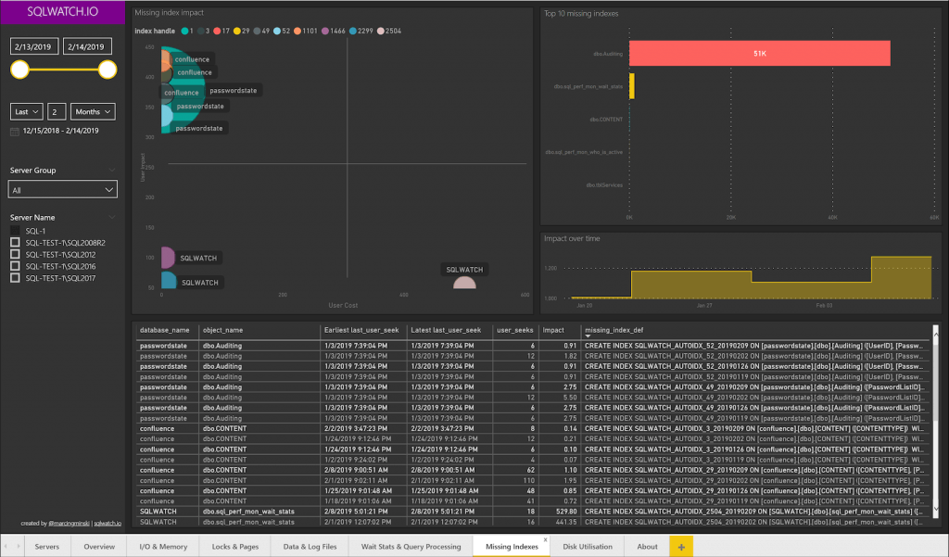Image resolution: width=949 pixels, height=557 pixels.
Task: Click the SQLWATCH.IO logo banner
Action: (x=62, y=13)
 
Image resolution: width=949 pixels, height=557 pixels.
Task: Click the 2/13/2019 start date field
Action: (x=33, y=46)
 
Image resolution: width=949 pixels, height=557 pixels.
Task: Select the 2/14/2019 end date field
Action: (x=88, y=46)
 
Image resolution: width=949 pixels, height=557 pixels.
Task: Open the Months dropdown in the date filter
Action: (x=93, y=111)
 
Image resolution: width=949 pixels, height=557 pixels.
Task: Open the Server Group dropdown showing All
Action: (x=63, y=189)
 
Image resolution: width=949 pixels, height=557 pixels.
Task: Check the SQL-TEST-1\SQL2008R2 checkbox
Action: (x=15, y=243)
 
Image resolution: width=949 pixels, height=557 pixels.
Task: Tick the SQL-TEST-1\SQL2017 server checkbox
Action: (x=15, y=277)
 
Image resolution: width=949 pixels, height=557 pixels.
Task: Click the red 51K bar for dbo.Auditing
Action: (x=759, y=54)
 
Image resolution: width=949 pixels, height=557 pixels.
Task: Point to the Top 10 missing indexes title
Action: (x=581, y=14)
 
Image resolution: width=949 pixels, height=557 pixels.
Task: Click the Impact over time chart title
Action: (x=572, y=238)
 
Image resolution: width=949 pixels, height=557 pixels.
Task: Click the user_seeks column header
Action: (x=514, y=330)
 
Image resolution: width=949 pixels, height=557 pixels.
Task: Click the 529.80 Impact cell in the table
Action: (x=563, y=511)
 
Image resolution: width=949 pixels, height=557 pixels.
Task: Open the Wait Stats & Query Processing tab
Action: (x=411, y=547)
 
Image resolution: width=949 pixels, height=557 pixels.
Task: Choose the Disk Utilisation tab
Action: (x=588, y=547)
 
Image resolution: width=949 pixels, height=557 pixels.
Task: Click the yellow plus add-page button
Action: (x=681, y=547)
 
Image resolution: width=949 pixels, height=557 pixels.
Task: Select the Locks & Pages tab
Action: (x=235, y=547)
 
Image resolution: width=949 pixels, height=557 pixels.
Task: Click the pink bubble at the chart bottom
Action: (x=464, y=283)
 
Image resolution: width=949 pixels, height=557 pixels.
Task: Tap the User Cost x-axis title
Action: (x=343, y=305)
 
